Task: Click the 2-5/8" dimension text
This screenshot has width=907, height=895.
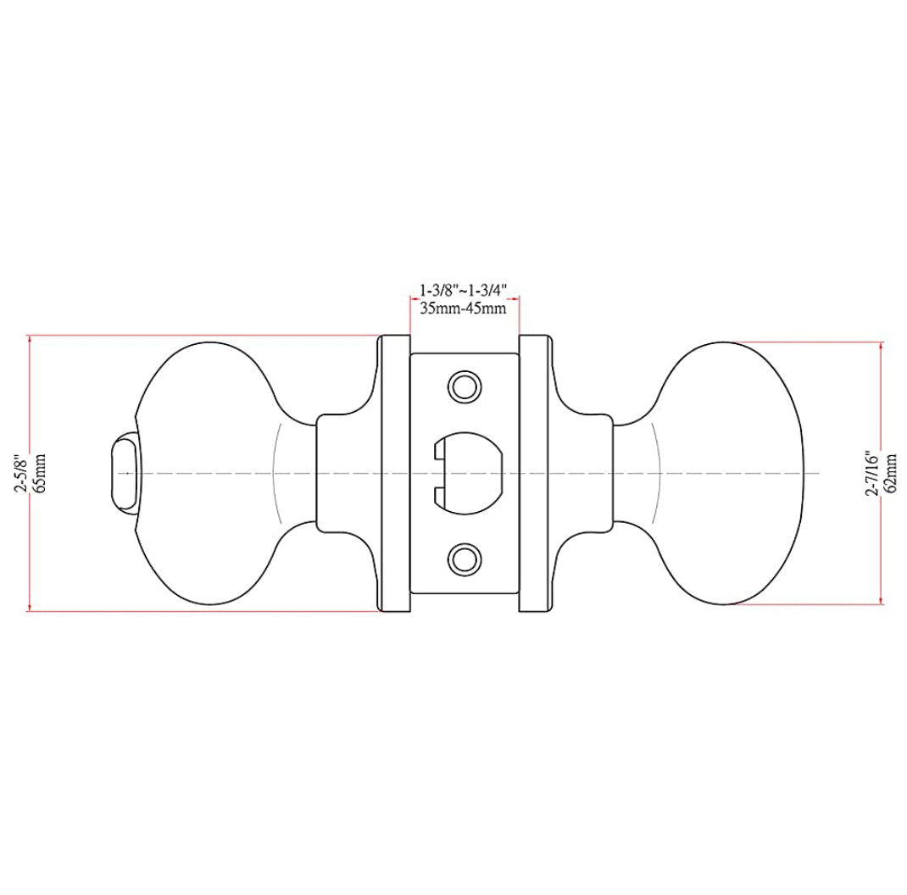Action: click(x=23, y=472)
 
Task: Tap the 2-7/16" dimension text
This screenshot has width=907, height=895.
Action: click(x=872, y=474)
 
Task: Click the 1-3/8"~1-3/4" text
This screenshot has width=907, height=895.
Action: click(x=464, y=290)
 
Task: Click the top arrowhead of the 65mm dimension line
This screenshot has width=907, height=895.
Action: click(x=31, y=340)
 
